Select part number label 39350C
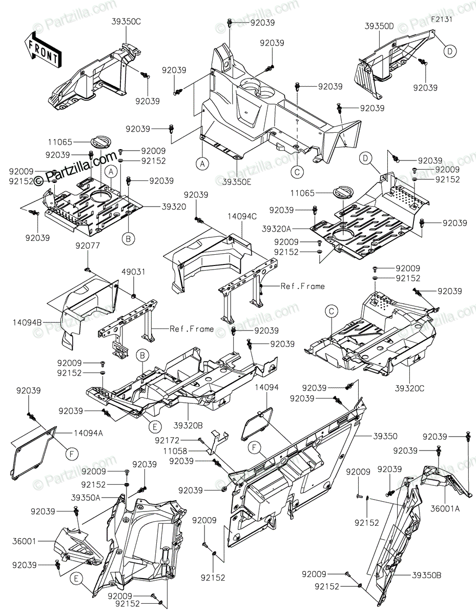tap(127, 22)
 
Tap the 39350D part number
tap(380, 25)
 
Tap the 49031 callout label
tap(132, 272)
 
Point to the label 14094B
tap(26, 322)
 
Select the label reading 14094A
tap(88, 433)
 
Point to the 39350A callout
tap(86, 497)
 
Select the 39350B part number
tap(426, 575)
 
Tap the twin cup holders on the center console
tap(255, 89)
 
